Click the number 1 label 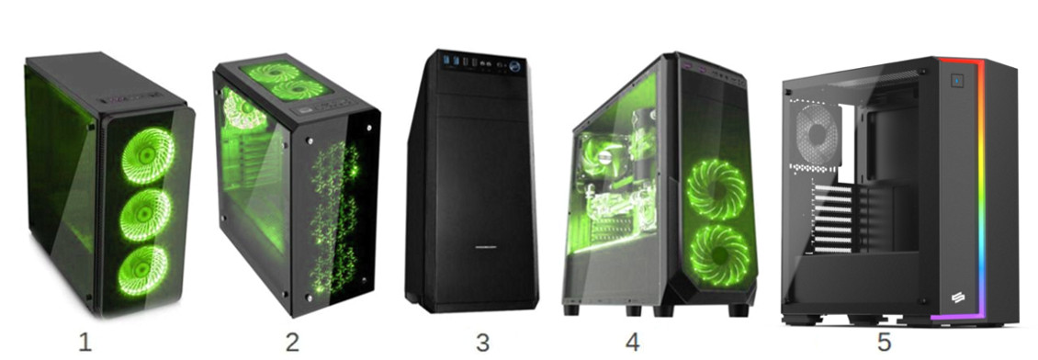coord(85,343)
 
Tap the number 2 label coord(293,343)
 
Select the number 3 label coord(482,343)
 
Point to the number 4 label coord(633,343)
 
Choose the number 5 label coord(885,343)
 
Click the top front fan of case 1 coord(148,155)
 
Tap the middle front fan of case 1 coord(145,215)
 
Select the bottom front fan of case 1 coord(142,271)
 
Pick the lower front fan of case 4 coord(719,254)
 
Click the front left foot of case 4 coord(570,309)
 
